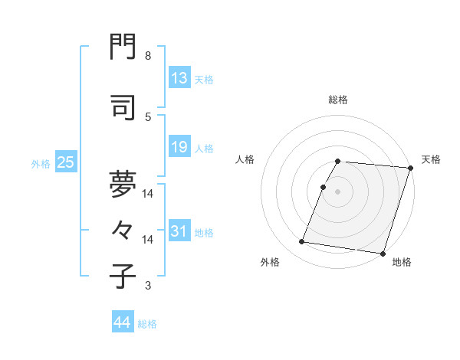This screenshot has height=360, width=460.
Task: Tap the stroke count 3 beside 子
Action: tap(148, 286)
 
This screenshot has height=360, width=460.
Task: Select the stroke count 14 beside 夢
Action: tap(148, 194)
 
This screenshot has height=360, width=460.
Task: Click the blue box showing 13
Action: tap(179, 78)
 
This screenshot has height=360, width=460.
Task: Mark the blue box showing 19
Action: tap(179, 147)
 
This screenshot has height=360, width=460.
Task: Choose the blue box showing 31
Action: tap(179, 231)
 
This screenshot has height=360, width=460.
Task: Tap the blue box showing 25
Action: tap(65, 162)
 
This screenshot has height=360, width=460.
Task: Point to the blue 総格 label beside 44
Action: tap(147, 324)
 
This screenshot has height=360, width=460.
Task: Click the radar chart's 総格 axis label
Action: tap(338, 100)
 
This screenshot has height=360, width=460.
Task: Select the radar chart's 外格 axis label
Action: tap(270, 262)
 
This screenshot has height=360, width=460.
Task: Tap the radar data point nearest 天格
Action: tap(410, 168)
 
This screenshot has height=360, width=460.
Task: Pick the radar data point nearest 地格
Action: tap(382, 253)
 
